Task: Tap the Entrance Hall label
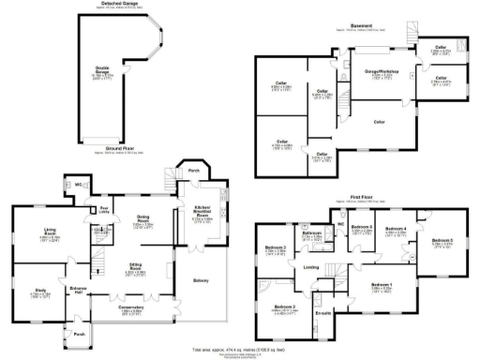click(80, 290)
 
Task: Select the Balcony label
click(200, 279)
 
